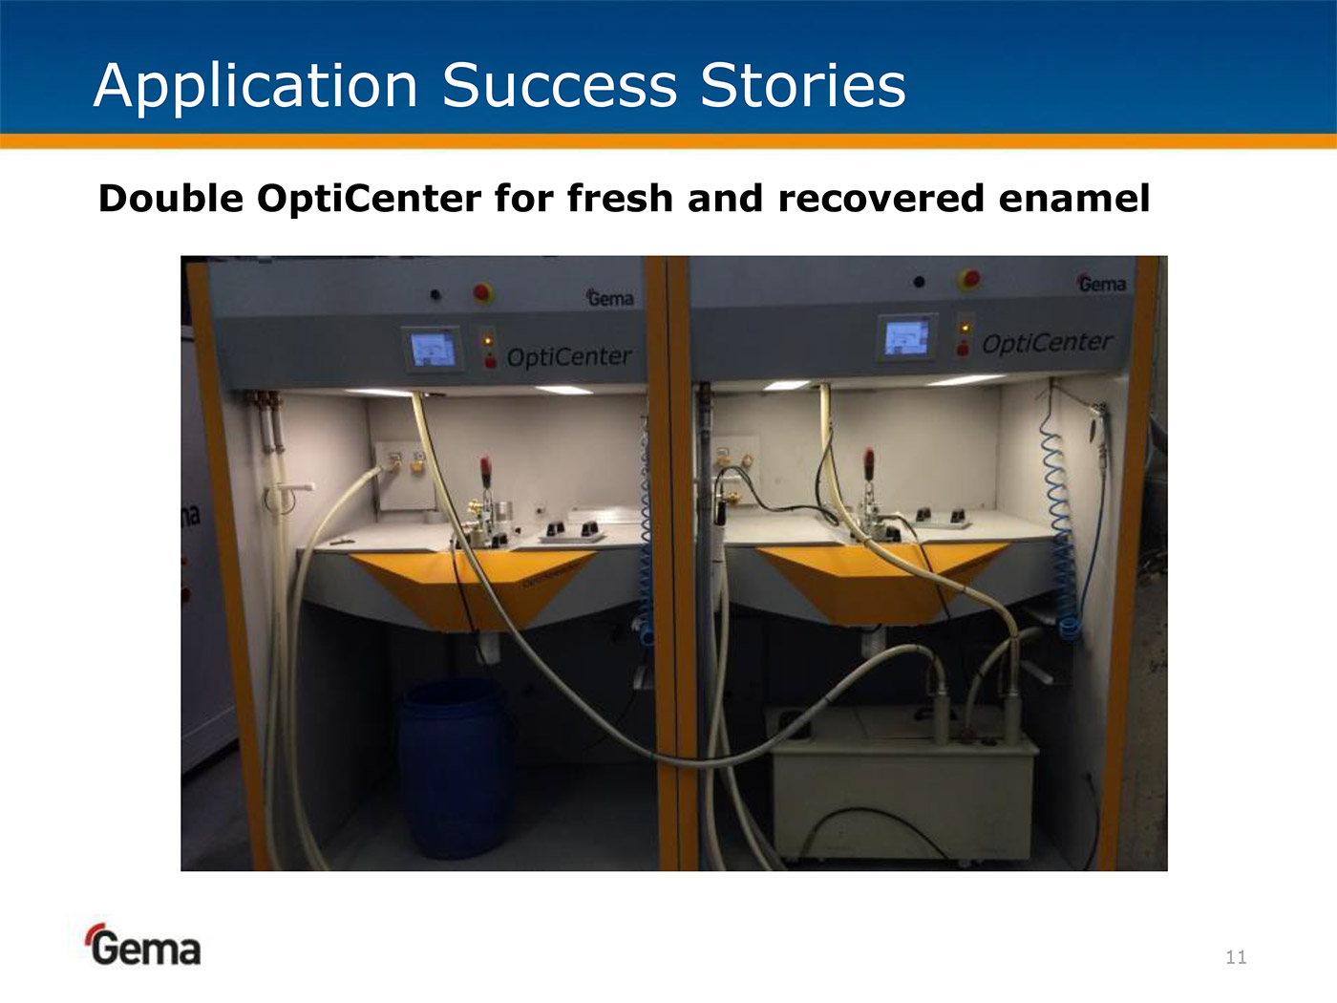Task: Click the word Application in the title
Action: pos(255,87)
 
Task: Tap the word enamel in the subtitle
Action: pos(1073,199)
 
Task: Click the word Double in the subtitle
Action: pos(171,199)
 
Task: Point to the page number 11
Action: pos(1236,957)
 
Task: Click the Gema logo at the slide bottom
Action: pos(143,945)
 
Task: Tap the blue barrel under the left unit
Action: pos(453,768)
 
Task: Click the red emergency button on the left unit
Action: pos(483,293)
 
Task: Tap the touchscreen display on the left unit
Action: pos(433,349)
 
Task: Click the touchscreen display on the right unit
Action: pos(906,337)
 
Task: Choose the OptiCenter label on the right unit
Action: pos(1048,343)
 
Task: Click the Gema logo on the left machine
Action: pos(609,298)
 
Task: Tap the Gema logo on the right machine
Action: pos(1102,283)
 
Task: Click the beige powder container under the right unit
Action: pos(902,785)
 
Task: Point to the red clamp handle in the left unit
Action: pos(485,469)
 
